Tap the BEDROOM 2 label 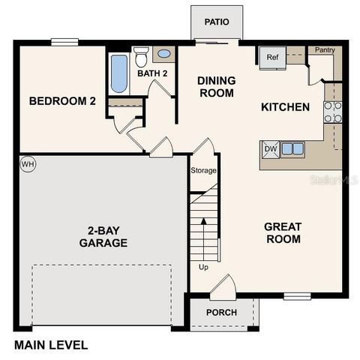(62, 102)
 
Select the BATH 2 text (152, 73)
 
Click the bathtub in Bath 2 (119, 73)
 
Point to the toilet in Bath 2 (142, 55)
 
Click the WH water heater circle (28, 164)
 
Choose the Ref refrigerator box (271, 57)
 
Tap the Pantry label (325, 50)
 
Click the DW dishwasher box (270, 149)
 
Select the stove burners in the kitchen (332, 112)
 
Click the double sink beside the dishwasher (292, 148)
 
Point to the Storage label (202, 171)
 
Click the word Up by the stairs (203, 267)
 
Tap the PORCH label (221, 312)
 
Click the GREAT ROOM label (282, 232)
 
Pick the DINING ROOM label (216, 87)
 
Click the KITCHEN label (285, 107)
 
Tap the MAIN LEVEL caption (51, 346)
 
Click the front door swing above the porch (223, 287)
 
